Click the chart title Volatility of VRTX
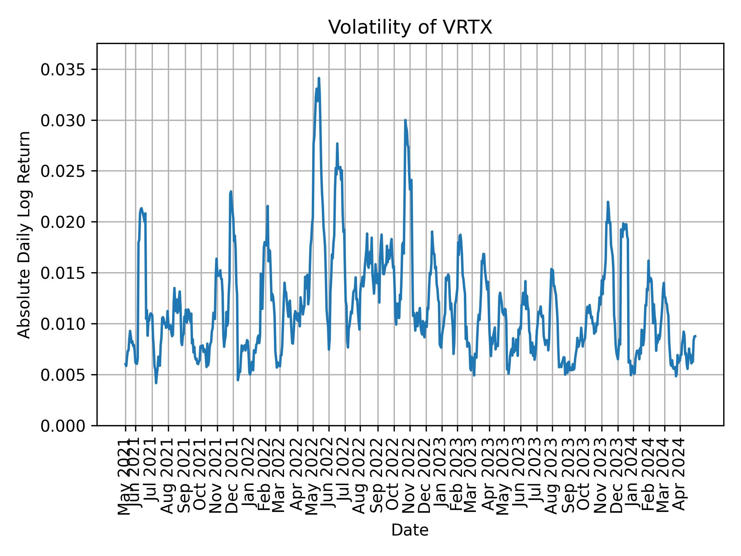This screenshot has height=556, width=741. (410, 27)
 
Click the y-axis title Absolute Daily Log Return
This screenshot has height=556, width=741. (25, 234)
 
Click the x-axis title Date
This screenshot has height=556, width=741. (410, 530)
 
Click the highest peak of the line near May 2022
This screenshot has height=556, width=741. (319, 78)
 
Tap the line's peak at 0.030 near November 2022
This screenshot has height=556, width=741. (405, 120)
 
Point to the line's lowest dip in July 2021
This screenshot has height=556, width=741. (156, 383)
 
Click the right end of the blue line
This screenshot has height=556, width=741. (695, 336)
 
